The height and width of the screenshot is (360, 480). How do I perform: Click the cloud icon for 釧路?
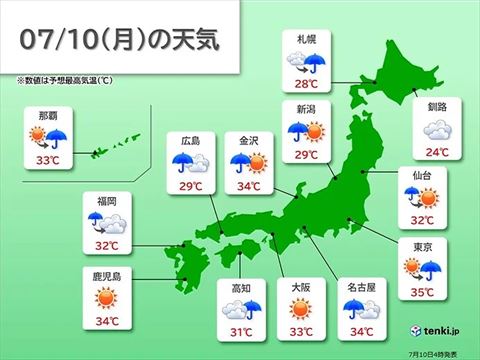tap(436, 129)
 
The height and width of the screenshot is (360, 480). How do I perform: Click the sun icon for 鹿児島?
tap(107, 298)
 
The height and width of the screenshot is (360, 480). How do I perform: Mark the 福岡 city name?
tap(107, 200)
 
